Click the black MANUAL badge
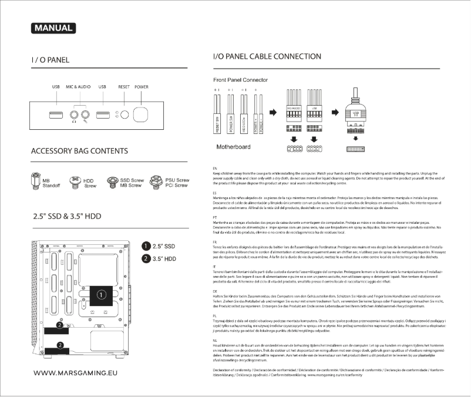coord(53,28)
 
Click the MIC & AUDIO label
coord(77,87)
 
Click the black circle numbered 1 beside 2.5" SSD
coord(145,246)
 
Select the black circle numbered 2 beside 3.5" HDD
coord(145,258)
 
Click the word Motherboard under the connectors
coord(234,147)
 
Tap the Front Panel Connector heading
coord(239,79)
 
